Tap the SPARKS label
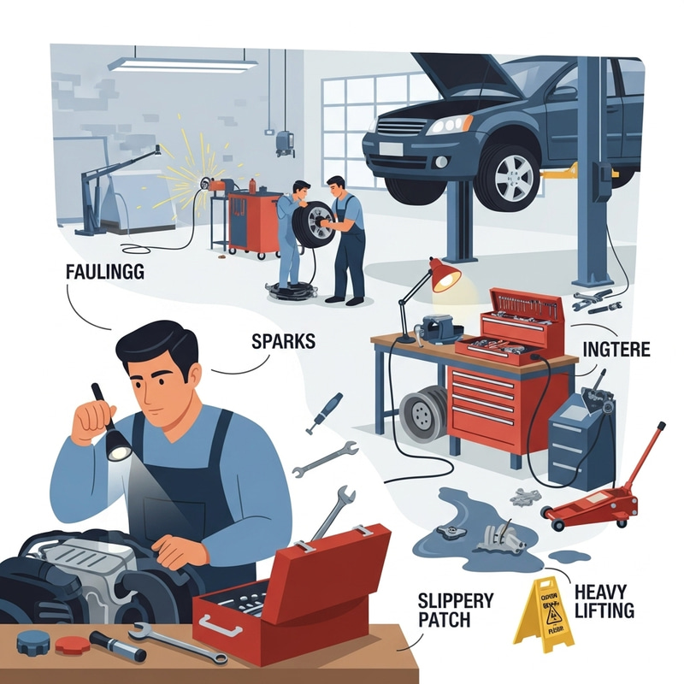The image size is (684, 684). click(x=284, y=341)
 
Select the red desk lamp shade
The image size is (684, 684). click(x=445, y=276)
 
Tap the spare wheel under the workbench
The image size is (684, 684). click(x=424, y=413)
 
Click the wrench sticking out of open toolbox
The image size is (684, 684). click(x=335, y=513)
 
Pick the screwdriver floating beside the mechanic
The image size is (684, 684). click(x=325, y=413)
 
